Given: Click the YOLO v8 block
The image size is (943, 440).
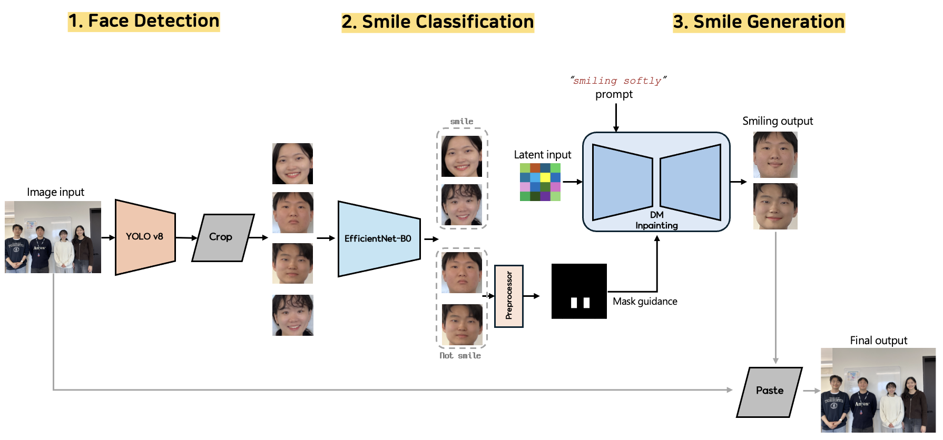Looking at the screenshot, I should [145, 237].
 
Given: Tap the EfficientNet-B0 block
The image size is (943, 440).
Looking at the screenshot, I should [378, 239].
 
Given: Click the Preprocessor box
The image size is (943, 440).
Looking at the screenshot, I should [509, 296].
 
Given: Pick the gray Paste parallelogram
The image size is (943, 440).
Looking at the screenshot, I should [770, 391].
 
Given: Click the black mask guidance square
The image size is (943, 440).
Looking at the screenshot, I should [579, 291].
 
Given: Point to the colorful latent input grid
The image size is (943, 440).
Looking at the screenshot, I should [540, 182].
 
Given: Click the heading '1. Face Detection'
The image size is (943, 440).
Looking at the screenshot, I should [144, 22].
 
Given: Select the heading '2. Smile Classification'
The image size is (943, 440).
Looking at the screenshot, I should [437, 23].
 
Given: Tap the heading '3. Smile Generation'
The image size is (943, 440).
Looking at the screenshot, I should [759, 23].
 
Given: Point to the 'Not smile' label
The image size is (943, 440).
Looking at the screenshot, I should [460, 356].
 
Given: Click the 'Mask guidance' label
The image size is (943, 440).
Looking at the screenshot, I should [645, 302].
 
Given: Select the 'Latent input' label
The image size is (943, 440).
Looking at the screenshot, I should [542, 155].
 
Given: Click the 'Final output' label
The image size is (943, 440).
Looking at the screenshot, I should [878, 341].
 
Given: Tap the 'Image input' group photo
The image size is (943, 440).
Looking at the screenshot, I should [53, 237].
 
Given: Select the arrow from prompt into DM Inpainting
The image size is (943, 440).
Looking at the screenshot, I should [616, 117].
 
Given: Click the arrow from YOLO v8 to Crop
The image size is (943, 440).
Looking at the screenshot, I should [186, 238].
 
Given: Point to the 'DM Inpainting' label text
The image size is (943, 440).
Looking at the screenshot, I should [656, 220].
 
